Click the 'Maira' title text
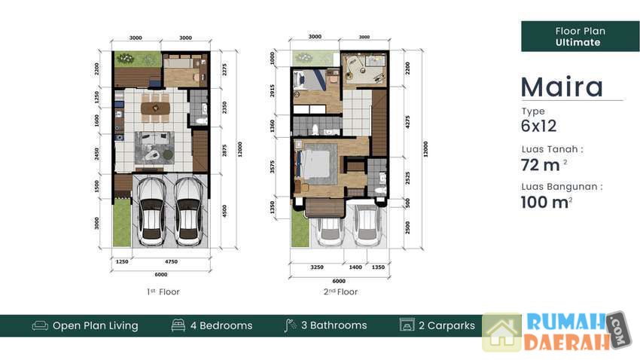[x=562, y=87]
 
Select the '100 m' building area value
[x=546, y=202]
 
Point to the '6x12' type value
[x=538, y=126]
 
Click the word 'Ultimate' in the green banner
[x=578, y=42]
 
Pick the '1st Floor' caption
[x=163, y=291]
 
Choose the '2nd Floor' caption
[x=340, y=291]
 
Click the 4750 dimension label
[x=171, y=261]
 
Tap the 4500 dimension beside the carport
[x=224, y=211]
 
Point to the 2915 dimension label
[x=273, y=90]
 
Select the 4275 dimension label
[x=407, y=122]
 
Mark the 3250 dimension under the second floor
[x=317, y=267]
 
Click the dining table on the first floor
[x=155, y=108]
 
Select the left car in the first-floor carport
[x=151, y=212]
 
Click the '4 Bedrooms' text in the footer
[x=221, y=325]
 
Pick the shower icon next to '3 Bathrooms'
[x=290, y=325]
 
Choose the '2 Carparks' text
[x=446, y=325]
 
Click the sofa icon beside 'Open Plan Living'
[x=40, y=325]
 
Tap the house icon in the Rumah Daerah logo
[x=501, y=333]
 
